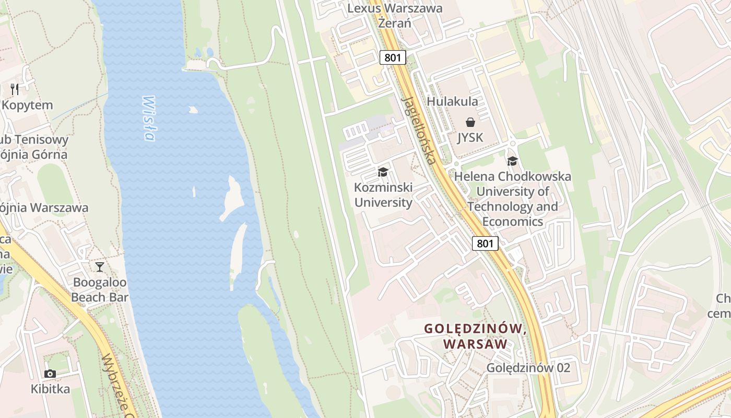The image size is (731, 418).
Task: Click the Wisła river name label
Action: pyautogui.click(x=149, y=118)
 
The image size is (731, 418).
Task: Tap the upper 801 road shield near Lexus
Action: pyautogui.click(x=393, y=57)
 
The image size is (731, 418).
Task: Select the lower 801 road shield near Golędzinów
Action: pyautogui.click(x=485, y=243)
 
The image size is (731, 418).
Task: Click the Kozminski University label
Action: pyautogui.click(x=383, y=195)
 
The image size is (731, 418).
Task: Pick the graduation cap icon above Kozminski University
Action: pyautogui.click(x=383, y=172)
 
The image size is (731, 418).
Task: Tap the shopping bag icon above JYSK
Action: pyautogui.click(x=470, y=122)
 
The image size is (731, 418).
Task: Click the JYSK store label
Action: pyautogui.click(x=470, y=137)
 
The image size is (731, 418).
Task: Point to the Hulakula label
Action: pyautogui.click(x=452, y=101)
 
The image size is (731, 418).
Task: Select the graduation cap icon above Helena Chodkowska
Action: pyautogui.click(x=512, y=161)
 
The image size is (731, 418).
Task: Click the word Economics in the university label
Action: pyautogui.click(x=512, y=222)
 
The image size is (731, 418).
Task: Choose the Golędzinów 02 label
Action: pyautogui.click(x=528, y=368)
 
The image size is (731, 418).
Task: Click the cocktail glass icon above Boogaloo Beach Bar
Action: pyautogui.click(x=100, y=268)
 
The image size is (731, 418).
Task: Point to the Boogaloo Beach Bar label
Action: pyautogui.click(x=100, y=290)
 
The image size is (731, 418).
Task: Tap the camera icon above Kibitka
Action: pyautogui.click(x=50, y=374)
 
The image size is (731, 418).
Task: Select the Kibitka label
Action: pyautogui.click(x=50, y=389)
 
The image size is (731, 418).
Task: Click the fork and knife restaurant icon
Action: pyautogui.click(x=15, y=89)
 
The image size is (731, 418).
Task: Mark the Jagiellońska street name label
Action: pyautogui.click(x=417, y=130)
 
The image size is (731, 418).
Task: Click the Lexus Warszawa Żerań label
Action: pyautogui.click(x=395, y=16)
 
